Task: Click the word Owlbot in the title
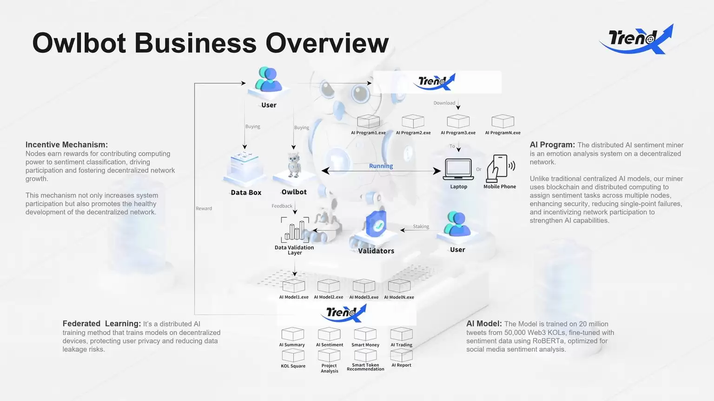(79, 43)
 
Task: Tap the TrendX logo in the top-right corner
(636, 39)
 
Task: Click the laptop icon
(458, 169)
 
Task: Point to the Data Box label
(246, 193)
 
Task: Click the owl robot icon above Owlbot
(294, 165)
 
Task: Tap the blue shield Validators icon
(376, 225)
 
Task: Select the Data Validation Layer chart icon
(295, 230)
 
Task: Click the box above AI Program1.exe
(368, 121)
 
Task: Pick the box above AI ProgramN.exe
(502, 121)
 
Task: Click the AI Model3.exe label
(364, 297)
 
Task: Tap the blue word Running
(381, 166)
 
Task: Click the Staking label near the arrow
(421, 227)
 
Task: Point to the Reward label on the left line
(204, 208)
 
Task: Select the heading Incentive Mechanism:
(66, 145)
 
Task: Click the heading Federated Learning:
(101, 324)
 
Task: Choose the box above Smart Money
(365, 334)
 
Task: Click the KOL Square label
(293, 366)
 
